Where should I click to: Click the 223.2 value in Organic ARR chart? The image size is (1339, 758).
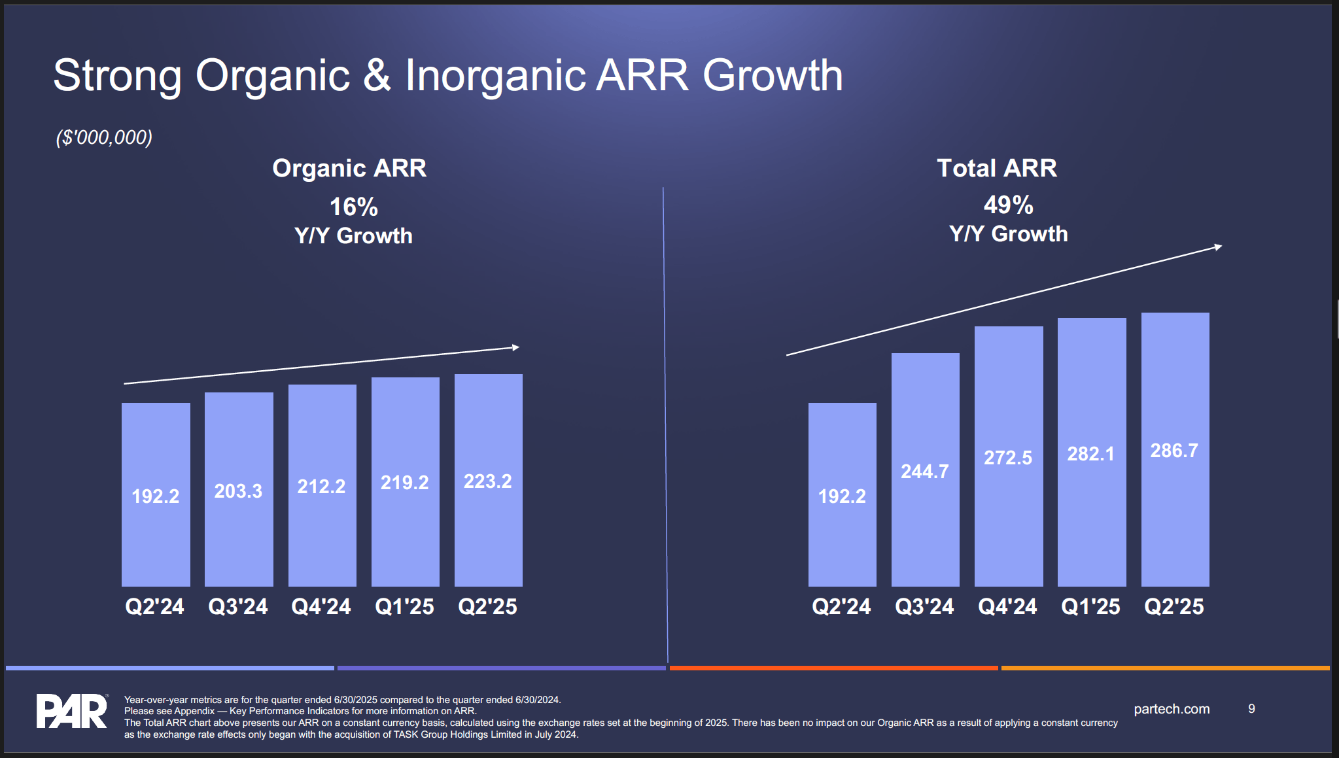tap(487, 481)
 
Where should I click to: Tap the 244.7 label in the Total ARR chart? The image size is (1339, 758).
tap(924, 472)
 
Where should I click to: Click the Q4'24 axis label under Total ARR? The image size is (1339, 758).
tap(1007, 606)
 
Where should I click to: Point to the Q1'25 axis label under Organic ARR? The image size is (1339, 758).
tap(404, 606)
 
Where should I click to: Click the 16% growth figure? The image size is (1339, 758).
tap(353, 207)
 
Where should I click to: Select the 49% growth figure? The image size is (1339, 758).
tap(1008, 205)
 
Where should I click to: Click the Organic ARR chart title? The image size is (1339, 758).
tap(349, 168)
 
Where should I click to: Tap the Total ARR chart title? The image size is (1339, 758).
tap(996, 168)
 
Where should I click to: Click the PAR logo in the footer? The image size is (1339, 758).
tap(71, 711)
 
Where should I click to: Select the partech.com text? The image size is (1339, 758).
tap(1171, 709)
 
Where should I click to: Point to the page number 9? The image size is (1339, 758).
tap(1251, 709)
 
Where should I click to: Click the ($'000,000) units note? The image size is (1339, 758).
tap(104, 137)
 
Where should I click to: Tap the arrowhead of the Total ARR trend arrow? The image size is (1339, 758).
tap(1218, 247)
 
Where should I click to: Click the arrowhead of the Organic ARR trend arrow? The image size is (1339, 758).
tap(515, 347)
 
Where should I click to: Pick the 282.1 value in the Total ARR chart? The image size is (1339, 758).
tap(1090, 454)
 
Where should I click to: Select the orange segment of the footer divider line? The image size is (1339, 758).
tap(1164, 668)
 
